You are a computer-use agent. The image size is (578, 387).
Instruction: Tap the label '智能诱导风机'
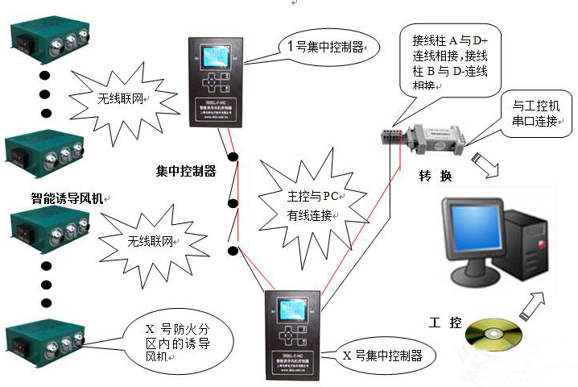tap(68, 197)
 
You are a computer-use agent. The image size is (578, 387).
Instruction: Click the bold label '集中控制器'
tap(186, 171)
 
